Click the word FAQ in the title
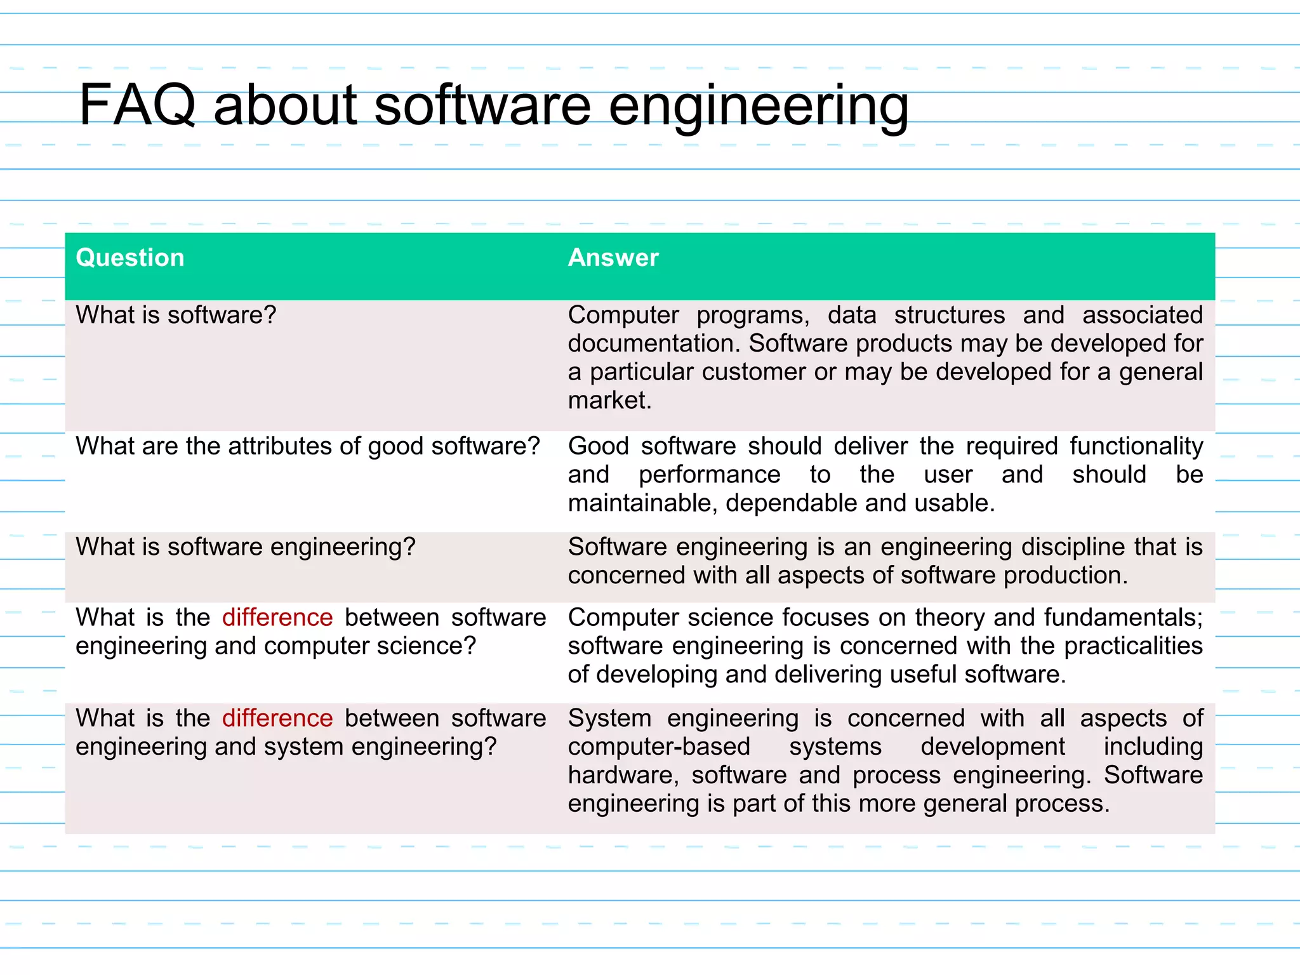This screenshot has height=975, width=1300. click(137, 105)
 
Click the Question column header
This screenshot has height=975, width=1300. click(130, 258)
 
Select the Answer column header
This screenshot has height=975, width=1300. click(613, 258)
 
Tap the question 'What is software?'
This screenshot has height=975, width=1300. click(176, 315)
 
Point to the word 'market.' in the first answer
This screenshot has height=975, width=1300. click(609, 401)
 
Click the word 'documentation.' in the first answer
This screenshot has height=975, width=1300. click(654, 343)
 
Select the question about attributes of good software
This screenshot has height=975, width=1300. click(307, 446)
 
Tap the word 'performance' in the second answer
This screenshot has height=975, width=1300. click(710, 475)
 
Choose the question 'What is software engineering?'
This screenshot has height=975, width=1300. click(245, 547)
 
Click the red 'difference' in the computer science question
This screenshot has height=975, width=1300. click(277, 618)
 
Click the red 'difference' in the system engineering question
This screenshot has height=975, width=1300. click(277, 719)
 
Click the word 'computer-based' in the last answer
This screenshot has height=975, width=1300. click(659, 747)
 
